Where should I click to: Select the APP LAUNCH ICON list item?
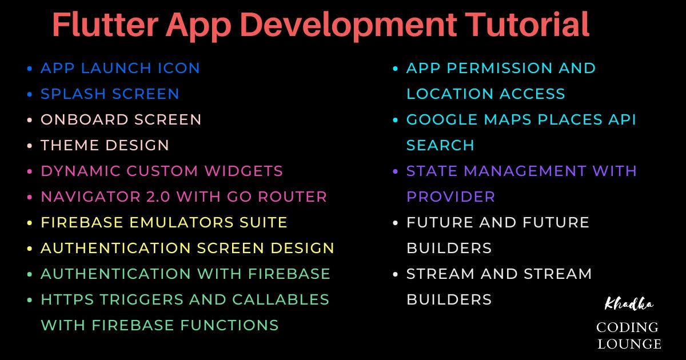coord(120,68)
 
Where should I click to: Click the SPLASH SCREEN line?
coord(110,94)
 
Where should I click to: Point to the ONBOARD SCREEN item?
coord(121,119)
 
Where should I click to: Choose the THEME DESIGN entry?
coord(105,145)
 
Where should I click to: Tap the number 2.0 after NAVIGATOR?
coord(154,197)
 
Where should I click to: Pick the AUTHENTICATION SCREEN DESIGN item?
coord(187,248)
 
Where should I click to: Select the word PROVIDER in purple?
coord(450,197)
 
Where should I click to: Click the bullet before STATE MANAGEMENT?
coord(396,171)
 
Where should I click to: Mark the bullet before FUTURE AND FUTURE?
coord(396,223)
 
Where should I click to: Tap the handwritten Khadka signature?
coord(628,303)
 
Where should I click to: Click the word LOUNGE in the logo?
coord(628,343)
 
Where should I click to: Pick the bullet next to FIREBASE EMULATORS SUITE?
coord(30,223)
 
